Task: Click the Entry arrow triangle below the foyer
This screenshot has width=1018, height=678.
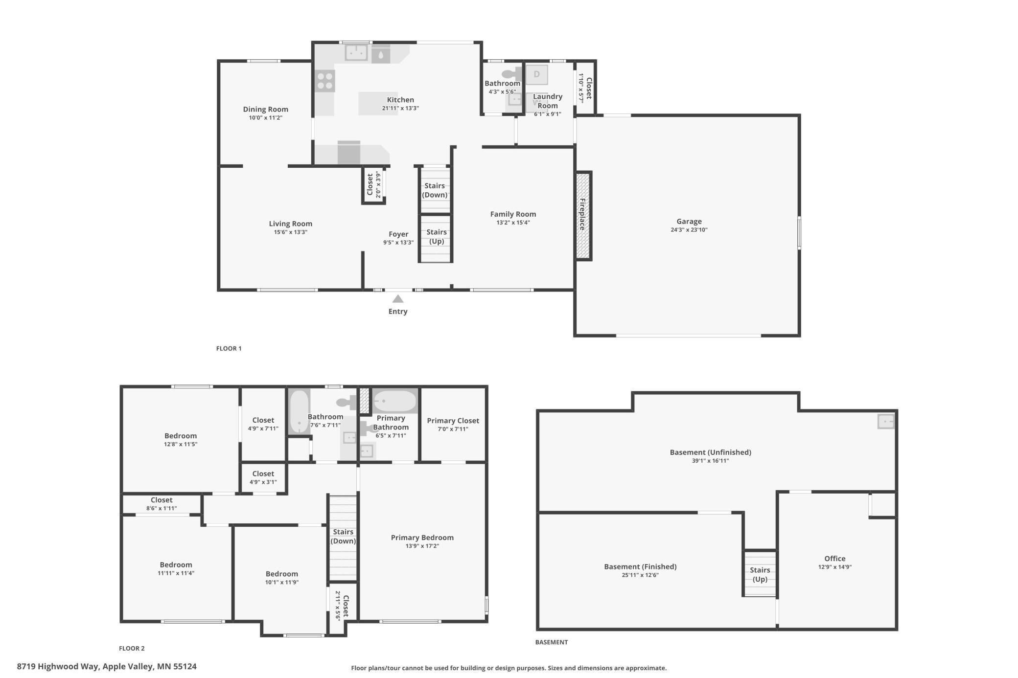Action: pyautogui.click(x=398, y=298)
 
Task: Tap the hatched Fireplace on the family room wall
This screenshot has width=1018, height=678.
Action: pyautogui.click(x=583, y=216)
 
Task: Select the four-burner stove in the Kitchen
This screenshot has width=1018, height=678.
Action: pyautogui.click(x=324, y=81)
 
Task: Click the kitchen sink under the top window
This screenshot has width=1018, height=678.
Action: pyautogui.click(x=356, y=52)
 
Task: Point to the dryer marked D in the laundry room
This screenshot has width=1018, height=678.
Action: pyautogui.click(x=536, y=75)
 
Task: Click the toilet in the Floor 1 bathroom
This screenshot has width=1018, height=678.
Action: pyautogui.click(x=511, y=74)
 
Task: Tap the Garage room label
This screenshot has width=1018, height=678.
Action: pyautogui.click(x=689, y=222)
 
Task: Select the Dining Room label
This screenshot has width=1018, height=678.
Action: pyautogui.click(x=266, y=109)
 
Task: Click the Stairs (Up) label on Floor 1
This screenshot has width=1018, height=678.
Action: pyautogui.click(x=436, y=237)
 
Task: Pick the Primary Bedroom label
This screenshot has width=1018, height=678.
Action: pyautogui.click(x=422, y=538)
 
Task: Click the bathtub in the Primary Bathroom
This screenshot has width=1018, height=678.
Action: pyautogui.click(x=395, y=401)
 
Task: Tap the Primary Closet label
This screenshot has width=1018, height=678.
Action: pyautogui.click(x=453, y=421)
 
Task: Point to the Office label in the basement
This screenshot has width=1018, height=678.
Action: pyautogui.click(x=834, y=559)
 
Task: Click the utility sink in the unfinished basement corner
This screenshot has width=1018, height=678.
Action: pyautogui.click(x=886, y=421)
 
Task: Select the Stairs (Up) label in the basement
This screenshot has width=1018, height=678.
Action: pyautogui.click(x=760, y=575)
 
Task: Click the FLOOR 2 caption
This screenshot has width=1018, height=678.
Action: pyautogui.click(x=132, y=648)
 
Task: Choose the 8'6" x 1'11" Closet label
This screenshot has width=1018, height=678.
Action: pyautogui.click(x=162, y=500)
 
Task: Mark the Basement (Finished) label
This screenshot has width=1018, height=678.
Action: pyautogui.click(x=640, y=566)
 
